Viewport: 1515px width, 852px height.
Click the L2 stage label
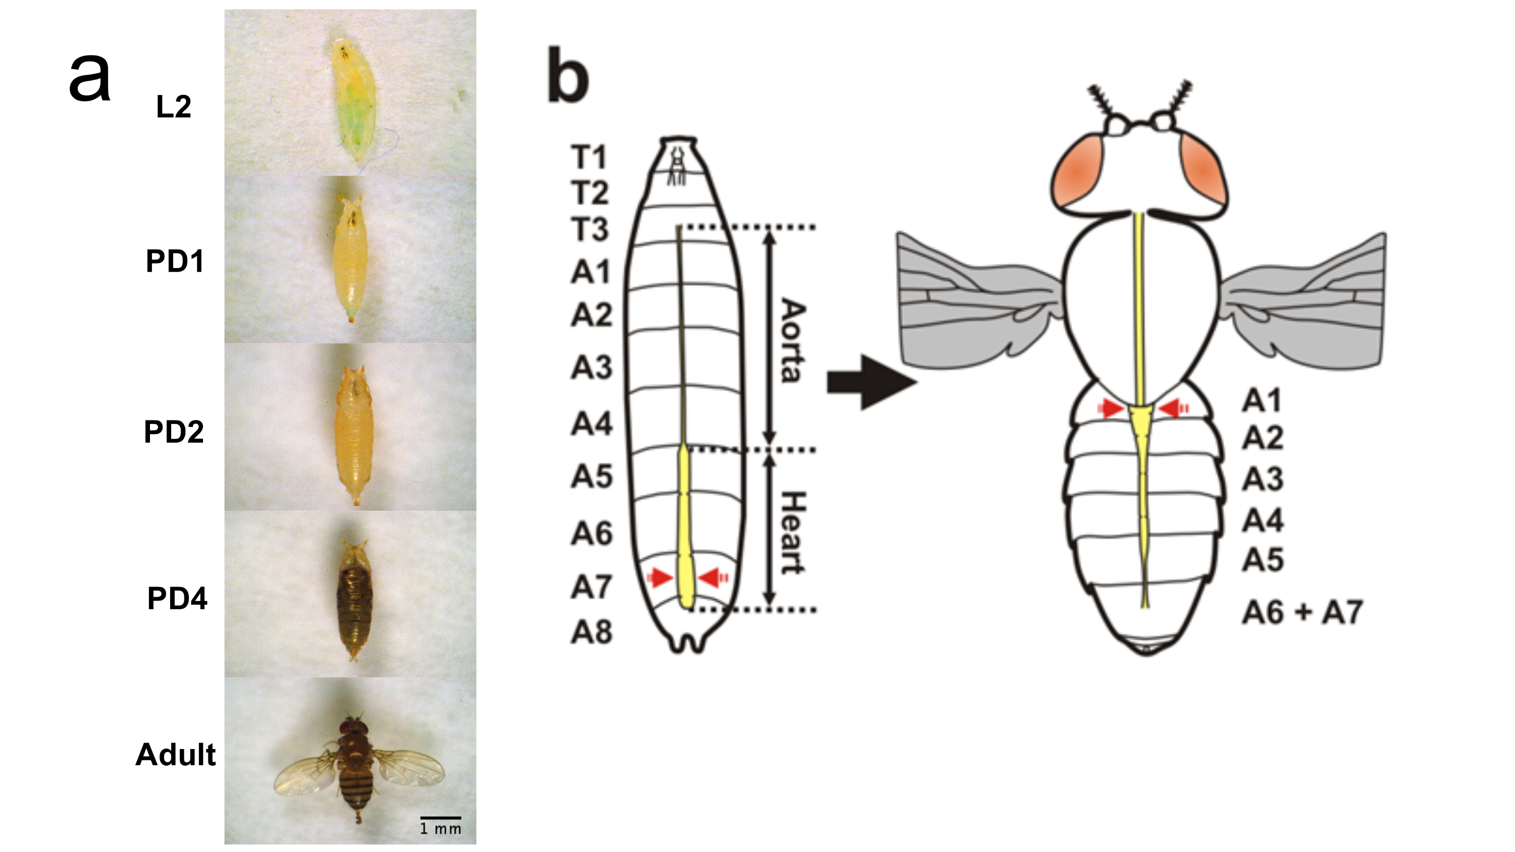(174, 107)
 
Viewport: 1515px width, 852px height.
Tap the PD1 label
(175, 261)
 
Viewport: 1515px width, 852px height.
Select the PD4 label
(177, 599)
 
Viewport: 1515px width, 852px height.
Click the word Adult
(175, 755)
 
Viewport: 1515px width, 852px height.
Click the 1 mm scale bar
(440, 818)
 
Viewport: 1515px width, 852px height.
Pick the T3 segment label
(590, 229)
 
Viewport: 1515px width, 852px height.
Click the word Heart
(792, 532)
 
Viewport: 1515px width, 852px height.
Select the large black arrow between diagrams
(871, 382)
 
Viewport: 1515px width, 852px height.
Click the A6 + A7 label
(1301, 612)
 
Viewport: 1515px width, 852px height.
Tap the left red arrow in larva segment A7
(660, 577)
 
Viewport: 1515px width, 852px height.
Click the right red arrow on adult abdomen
(1173, 407)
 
